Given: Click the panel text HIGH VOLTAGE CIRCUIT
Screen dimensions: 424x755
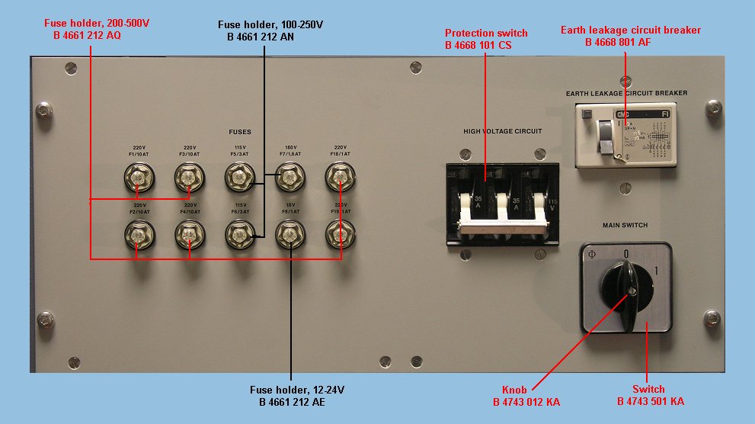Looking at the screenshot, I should (503, 131).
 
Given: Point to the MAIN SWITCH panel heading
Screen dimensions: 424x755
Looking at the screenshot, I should (625, 225).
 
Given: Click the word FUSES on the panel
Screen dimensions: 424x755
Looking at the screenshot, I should (239, 132).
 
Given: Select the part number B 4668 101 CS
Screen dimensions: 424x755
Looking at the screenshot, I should (478, 46).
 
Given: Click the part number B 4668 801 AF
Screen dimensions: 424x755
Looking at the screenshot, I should (618, 43).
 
